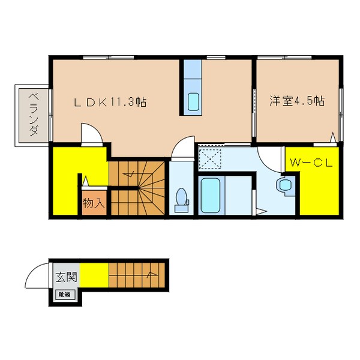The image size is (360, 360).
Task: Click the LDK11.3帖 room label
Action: coord(110,103)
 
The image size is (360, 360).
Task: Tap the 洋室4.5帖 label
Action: coord(296,101)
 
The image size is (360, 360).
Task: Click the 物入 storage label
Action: coord(94,203)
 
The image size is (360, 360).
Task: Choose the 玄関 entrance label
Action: coord(67,277)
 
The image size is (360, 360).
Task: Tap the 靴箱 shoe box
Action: coord(64,294)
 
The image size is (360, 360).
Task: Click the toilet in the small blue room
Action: coord(181,200)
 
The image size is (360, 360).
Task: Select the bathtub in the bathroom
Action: coord(211,196)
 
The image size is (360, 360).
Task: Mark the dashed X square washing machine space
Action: coord(211,158)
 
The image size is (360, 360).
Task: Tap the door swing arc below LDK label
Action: coord(90,133)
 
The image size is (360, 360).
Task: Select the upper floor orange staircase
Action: coord(137,186)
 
